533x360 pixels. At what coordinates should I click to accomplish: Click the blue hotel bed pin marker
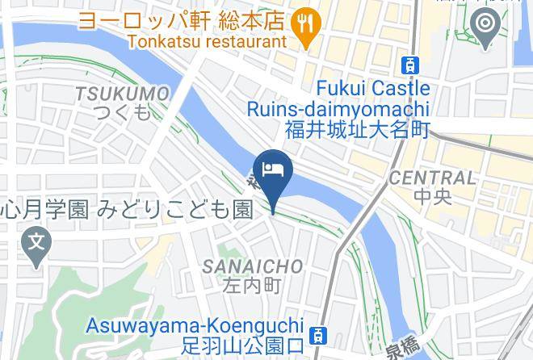[x=272, y=172]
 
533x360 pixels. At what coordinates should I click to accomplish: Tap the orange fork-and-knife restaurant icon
[x=304, y=22]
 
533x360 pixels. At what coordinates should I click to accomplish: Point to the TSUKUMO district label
[x=122, y=94]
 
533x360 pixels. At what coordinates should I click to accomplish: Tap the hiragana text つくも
[x=122, y=112]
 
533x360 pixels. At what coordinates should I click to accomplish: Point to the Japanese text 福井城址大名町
[x=356, y=129]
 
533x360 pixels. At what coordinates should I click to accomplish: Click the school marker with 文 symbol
[x=36, y=242]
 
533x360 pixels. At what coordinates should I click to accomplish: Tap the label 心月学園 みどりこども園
[x=127, y=211]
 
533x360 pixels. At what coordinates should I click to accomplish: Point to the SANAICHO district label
[x=253, y=266]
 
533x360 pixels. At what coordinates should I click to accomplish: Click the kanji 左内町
[x=252, y=286]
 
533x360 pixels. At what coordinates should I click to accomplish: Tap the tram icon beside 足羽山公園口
[x=320, y=334]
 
